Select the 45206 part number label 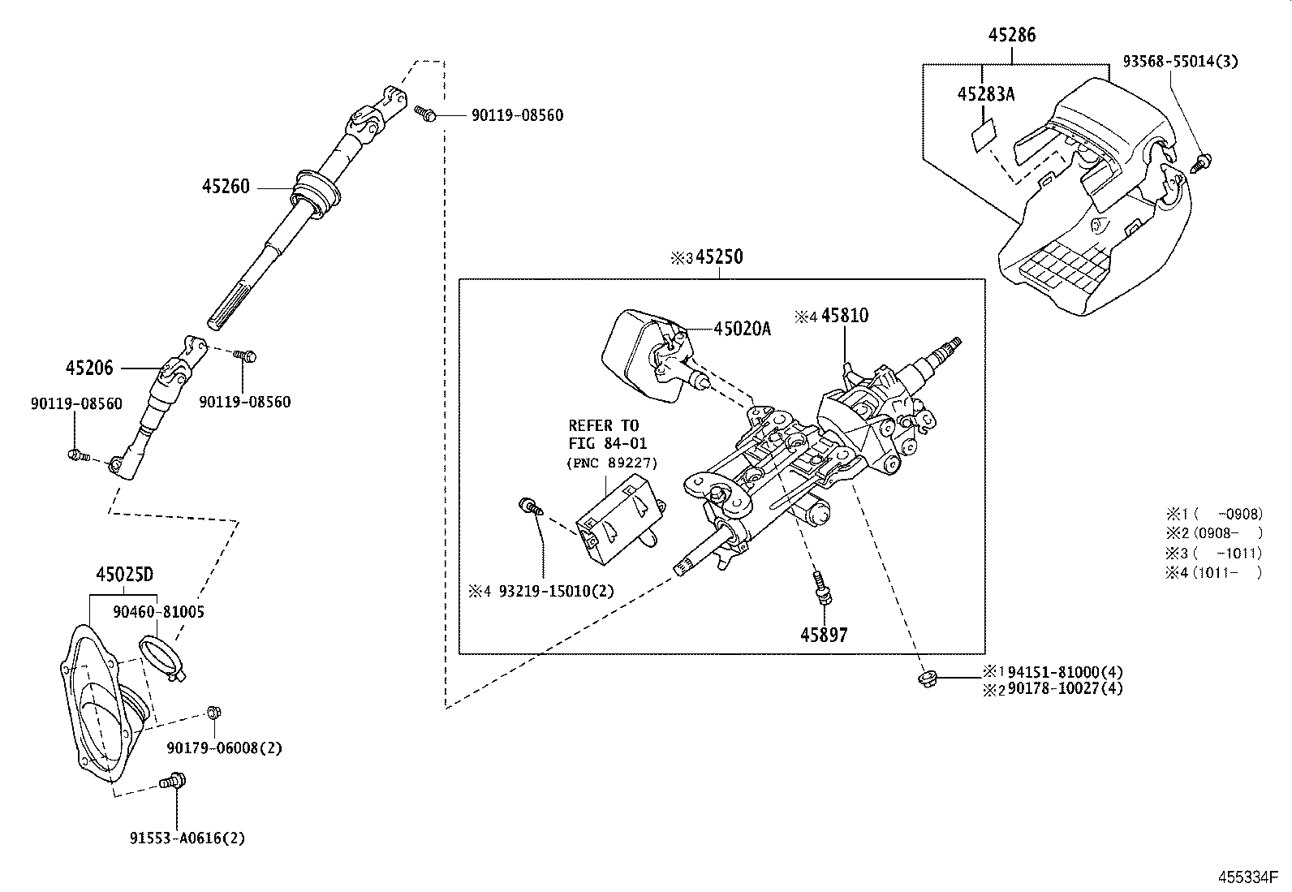[x=89, y=368]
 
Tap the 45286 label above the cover [x=1012, y=35]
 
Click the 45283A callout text [x=986, y=94]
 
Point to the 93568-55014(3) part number [x=1181, y=62]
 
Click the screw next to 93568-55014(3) [x=1202, y=162]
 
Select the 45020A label [x=742, y=329]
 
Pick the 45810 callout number [x=844, y=316]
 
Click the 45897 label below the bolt [x=823, y=636]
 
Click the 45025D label [x=124, y=575]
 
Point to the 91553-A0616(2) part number [x=187, y=838]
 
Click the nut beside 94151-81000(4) [x=924, y=678]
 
